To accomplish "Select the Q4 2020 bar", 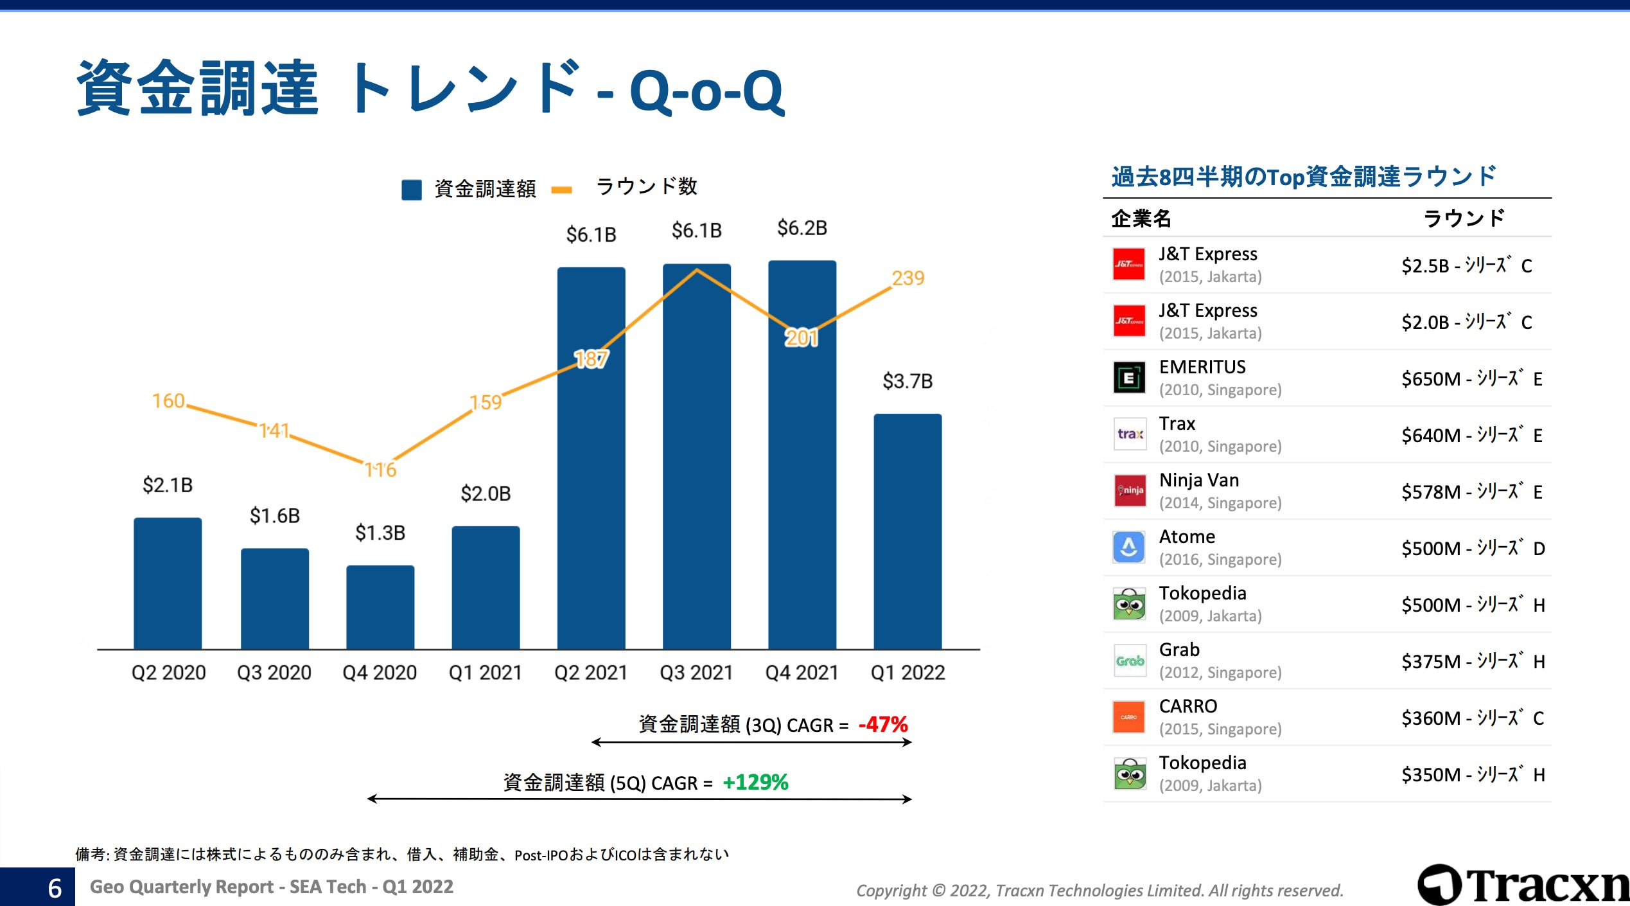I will pyautogui.click(x=380, y=607).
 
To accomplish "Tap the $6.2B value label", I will pyautogui.click(x=802, y=228).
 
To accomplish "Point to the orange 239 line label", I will pyautogui.click(x=908, y=278).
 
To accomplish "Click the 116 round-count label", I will pyautogui.click(x=381, y=470).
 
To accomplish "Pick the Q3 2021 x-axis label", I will pyautogui.click(x=696, y=673).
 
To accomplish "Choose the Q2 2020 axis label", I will pyautogui.click(x=168, y=673).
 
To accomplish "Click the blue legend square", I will pyautogui.click(x=412, y=190).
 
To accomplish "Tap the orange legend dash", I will pyautogui.click(x=562, y=190).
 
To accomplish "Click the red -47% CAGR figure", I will pyautogui.click(x=883, y=725).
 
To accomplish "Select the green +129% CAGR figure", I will pyautogui.click(x=755, y=782).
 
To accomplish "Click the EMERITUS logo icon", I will pyautogui.click(x=1129, y=378).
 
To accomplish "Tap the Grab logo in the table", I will pyautogui.click(x=1129, y=661).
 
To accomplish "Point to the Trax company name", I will pyautogui.click(x=1177, y=424).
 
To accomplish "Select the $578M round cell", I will pyautogui.click(x=1471, y=492).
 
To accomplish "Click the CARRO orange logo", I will pyautogui.click(x=1129, y=717).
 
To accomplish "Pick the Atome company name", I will pyautogui.click(x=1187, y=537).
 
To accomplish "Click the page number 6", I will pyautogui.click(x=55, y=888).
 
